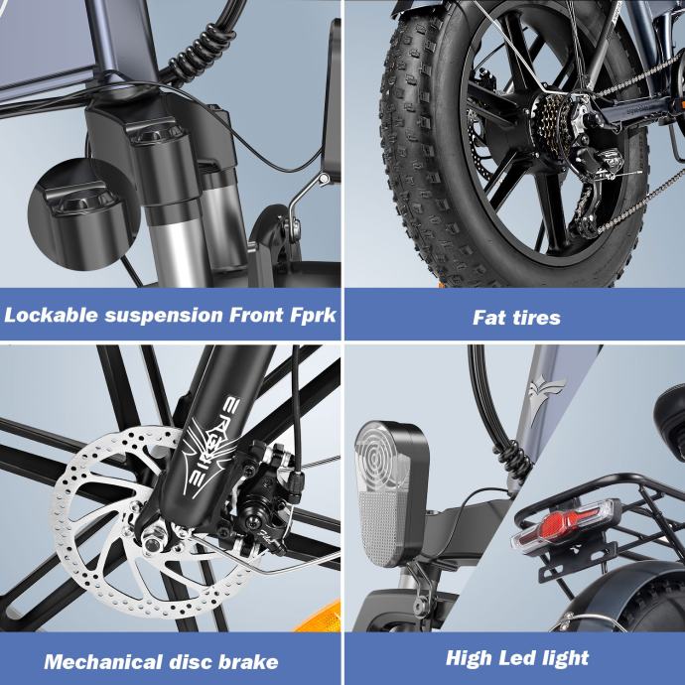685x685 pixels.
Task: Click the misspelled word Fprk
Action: click(x=313, y=316)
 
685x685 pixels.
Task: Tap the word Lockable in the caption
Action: click(x=51, y=315)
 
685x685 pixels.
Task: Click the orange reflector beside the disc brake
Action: click(x=320, y=617)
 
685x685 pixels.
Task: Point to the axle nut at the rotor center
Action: click(x=153, y=541)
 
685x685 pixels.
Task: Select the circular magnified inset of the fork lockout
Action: click(x=83, y=214)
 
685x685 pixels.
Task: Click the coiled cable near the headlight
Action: click(x=512, y=463)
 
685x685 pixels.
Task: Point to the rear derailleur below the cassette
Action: click(x=590, y=193)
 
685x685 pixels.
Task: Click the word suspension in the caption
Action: click(x=164, y=316)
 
